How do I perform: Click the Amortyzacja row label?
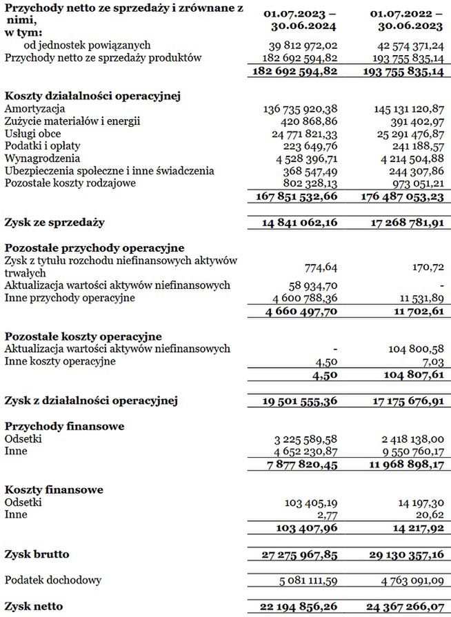[34, 109]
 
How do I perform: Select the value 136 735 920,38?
[301, 109]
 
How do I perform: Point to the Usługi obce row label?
[32, 134]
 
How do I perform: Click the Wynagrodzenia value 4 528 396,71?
[304, 158]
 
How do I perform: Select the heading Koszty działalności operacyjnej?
[92, 97]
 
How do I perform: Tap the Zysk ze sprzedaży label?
[54, 223]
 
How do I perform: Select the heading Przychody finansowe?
[65, 426]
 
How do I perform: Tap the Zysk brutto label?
[37, 554]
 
